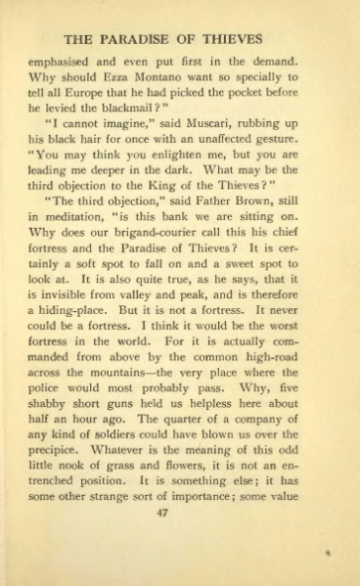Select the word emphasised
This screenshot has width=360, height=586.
62,66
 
